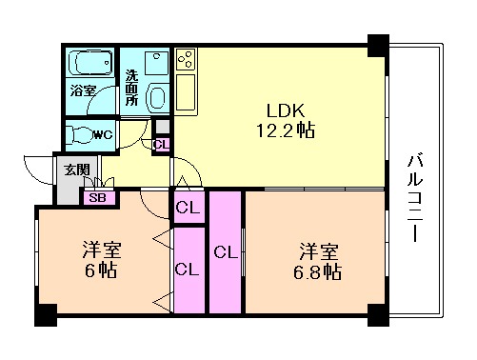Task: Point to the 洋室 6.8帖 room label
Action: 319,262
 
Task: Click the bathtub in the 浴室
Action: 89,66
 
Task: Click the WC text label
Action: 104,134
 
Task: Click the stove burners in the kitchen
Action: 185,62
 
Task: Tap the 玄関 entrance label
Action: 75,170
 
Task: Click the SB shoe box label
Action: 96,198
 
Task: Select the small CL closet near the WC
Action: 161,144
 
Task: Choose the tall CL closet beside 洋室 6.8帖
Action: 225,252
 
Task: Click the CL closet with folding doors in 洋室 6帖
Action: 188,270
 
